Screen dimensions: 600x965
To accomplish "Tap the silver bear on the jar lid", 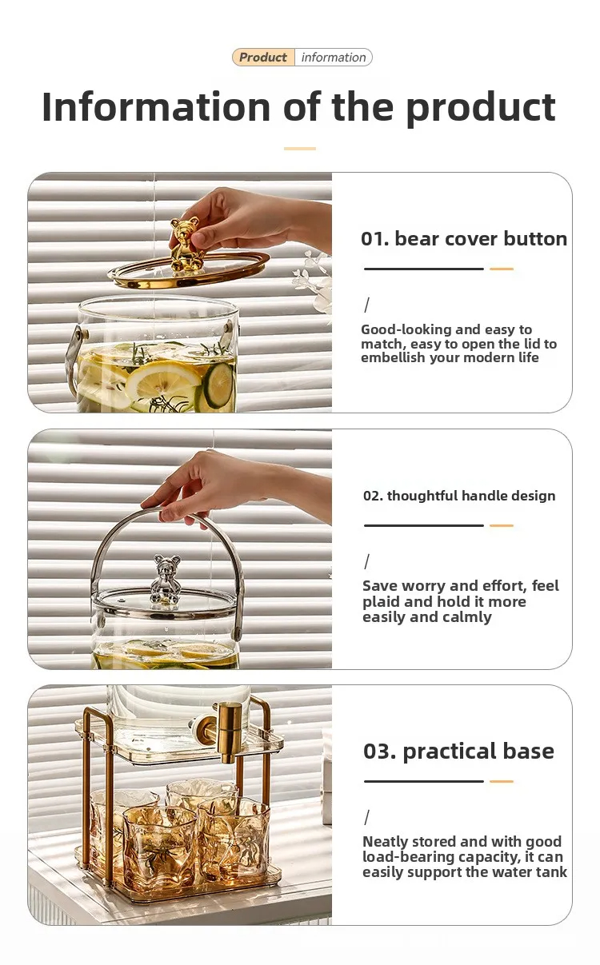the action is [166, 578].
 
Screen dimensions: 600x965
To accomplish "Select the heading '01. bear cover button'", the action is [464, 239].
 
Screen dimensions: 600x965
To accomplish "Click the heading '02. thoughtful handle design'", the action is [459, 496].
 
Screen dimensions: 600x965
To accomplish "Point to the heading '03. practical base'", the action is [458, 752].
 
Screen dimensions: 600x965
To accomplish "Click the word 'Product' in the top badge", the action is [262, 58].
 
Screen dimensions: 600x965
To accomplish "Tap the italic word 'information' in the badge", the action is [334, 58].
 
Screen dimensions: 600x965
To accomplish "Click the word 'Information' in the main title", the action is [157, 106].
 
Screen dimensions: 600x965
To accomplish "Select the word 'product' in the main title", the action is [481, 108].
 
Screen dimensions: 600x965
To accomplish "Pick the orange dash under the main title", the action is [299, 149].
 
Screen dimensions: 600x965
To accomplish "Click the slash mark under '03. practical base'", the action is [367, 817].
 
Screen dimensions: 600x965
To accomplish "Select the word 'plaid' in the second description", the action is [379, 602].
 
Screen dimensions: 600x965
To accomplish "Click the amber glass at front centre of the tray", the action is [160, 847].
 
